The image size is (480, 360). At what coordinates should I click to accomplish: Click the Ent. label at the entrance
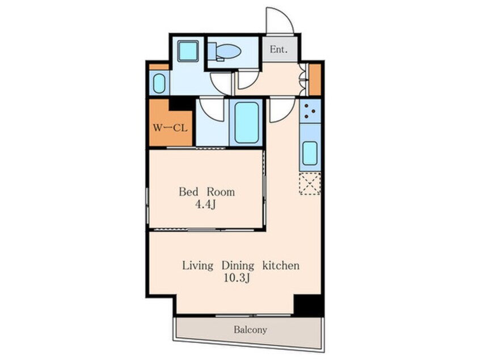pos(279,49)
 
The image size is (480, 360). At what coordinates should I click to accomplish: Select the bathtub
pos(246,123)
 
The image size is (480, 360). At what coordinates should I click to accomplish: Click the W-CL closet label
pos(170,128)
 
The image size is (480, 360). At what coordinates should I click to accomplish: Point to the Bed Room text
pos(207,192)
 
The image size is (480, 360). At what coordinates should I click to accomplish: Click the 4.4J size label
pos(205,204)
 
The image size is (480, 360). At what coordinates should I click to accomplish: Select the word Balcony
pos(250,330)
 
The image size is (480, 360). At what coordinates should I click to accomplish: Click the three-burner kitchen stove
pos(310,111)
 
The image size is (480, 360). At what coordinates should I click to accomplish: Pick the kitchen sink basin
pos(310,153)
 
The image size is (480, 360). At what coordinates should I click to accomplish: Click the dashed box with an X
pos(310,183)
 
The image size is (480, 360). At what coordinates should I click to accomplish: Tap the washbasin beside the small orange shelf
pos(159,83)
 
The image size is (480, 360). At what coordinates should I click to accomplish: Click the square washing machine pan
pos(188,51)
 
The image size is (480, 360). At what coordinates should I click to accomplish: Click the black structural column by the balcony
pos(308,305)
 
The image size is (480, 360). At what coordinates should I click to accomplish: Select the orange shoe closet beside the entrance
pos(315,79)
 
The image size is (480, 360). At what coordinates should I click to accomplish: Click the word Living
pos(198,265)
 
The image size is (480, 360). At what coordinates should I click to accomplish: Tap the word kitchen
pos(281,265)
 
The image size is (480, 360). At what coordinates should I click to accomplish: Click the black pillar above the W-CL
pos(182,105)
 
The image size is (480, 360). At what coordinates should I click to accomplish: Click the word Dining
pos(238,265)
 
